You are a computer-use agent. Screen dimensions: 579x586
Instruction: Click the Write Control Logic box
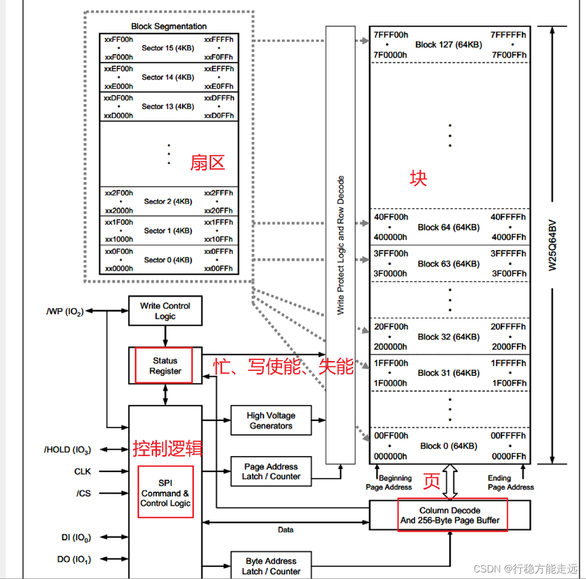coord(165,311)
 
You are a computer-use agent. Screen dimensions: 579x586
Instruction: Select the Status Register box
coord(165,366)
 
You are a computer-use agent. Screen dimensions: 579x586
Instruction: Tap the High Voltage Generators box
coord(271,420)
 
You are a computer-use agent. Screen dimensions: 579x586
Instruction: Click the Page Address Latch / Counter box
coord(271,471)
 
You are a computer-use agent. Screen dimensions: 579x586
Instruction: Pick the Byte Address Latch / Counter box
coord(271,566)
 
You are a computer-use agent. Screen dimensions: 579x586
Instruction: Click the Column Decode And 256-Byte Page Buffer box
coord(450,515)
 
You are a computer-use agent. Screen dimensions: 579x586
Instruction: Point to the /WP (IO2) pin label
coord(65,312)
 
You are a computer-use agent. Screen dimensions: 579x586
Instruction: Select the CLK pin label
coord(83,471)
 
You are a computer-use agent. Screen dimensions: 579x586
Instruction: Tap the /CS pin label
coord(84,493)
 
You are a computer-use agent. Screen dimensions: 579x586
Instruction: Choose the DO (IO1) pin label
coord(74,559)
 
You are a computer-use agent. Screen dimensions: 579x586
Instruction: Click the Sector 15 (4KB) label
coord(168,48)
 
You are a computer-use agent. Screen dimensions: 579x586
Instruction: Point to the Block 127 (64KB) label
coord(449,45)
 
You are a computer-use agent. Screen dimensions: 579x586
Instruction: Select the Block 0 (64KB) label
coord(449,446)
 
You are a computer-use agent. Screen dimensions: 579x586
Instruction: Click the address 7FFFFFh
coord(508,35)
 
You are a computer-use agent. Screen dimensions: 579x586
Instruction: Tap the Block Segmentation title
coord(169,26)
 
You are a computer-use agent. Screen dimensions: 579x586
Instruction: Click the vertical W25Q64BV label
coord(552,245)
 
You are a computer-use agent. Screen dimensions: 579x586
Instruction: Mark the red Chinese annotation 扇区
coord(207,162)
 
